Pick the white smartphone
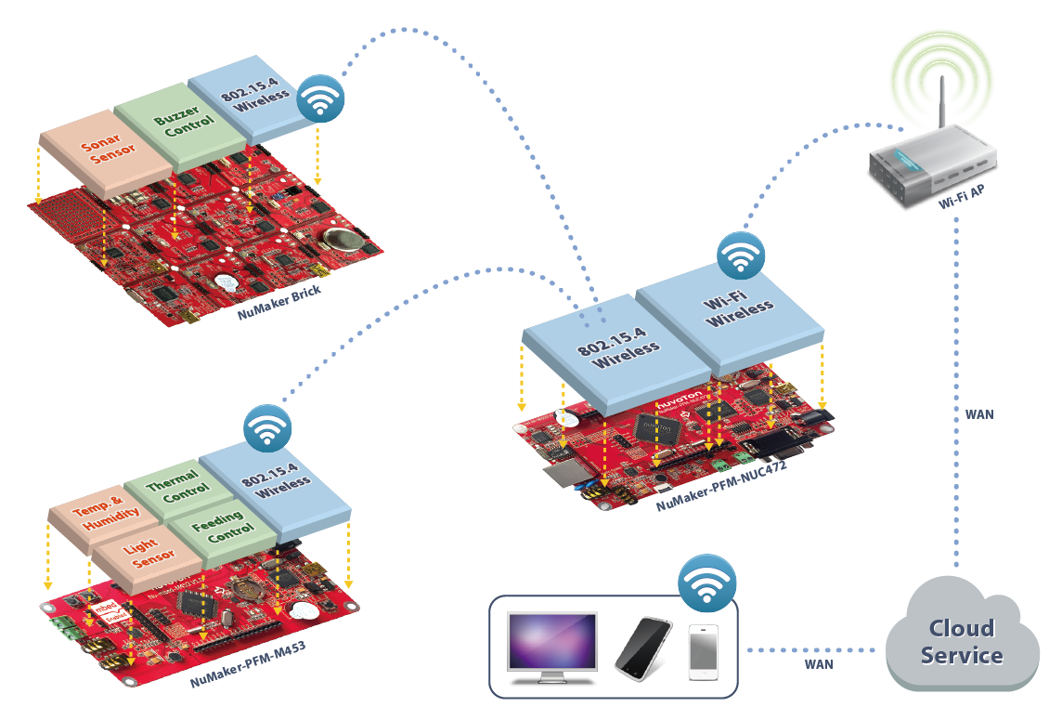coord(703,654)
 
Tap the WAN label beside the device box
coord(819,663)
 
